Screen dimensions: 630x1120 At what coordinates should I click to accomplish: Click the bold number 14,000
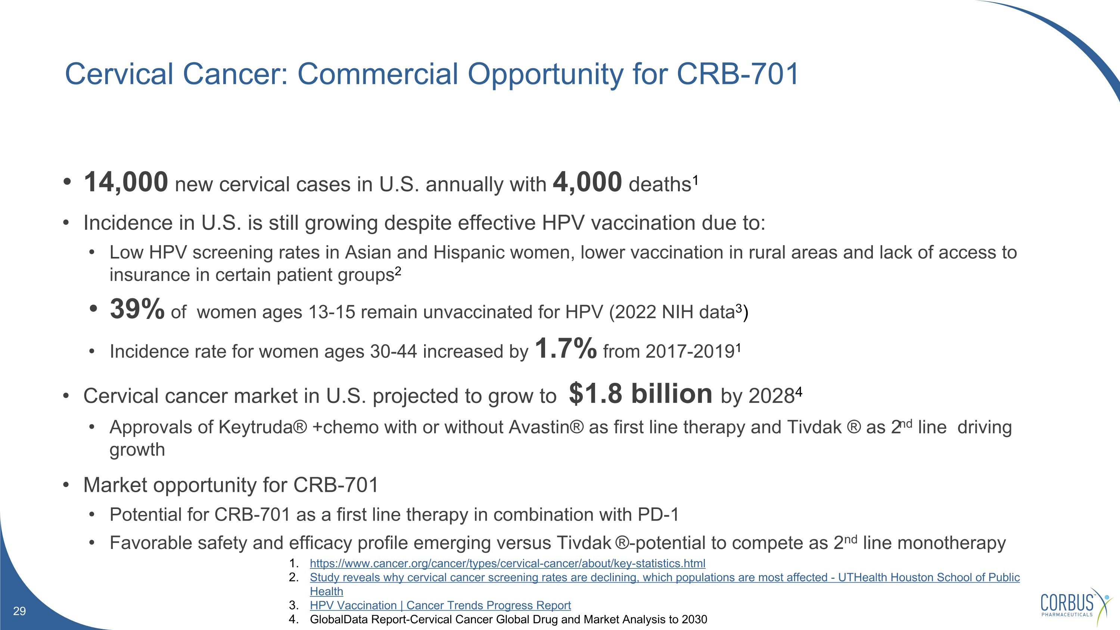[126, 182]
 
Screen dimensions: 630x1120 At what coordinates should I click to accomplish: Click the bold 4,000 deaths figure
[587, 182]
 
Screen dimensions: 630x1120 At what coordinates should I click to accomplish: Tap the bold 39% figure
[137, 309]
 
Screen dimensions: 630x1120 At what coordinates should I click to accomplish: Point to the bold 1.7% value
[566, 349]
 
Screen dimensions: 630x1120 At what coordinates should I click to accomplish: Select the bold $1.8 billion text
[640, 394]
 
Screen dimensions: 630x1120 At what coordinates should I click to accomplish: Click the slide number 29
[19, 611]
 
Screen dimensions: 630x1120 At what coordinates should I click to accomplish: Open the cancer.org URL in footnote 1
[507, 564]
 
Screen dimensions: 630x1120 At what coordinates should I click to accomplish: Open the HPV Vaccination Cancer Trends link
[440, 605]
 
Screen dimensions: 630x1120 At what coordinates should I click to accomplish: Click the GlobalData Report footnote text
[508, 619]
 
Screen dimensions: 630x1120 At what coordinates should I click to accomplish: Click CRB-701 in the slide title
[737, 74]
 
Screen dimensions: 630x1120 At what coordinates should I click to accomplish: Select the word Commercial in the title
[377, 74]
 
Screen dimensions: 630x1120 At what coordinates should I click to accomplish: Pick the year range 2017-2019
[690, 352]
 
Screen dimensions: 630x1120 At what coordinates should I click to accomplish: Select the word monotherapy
[951, 543]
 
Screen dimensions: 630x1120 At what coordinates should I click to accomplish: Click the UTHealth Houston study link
[665, 577]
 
